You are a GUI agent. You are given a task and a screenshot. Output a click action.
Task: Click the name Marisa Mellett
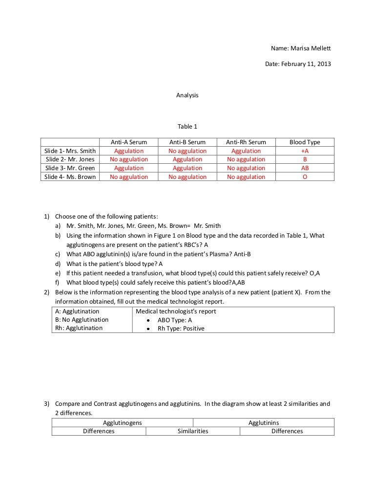pyautogui.click(x=311, y=48)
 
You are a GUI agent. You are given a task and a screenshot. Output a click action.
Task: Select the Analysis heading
pyautogui.click(x=187, y=95)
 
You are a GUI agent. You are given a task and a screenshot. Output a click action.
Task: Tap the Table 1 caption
pyautogui.click(x=187, y=127)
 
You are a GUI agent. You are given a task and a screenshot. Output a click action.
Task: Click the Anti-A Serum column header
pyautogui.click(x=129, y=142)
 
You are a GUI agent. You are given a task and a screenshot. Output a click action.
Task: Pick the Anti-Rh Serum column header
pyautogui.click(x=246, y=142)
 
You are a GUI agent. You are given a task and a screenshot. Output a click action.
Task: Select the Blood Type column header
pyautogui.click(x=305, y=142)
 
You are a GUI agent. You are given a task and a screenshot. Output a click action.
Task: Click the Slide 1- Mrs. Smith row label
pyautogui.click(x=70, y=151)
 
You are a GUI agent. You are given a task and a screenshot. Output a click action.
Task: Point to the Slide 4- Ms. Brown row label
pyautogui.click(x=70, y=177)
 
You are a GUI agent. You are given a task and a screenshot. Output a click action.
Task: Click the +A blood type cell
pyautogui.click(x=305, y=151)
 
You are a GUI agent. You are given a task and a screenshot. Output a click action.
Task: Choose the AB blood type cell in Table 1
pyautogui.click(x=305, y=168)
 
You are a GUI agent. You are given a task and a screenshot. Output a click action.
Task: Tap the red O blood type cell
pyautogui.click(x=305, y=177)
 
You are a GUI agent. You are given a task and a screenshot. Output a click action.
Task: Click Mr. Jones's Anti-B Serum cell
pyautogui.click(x=187, y=159)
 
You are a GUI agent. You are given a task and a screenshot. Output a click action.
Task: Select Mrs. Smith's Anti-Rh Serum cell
pyautogui.click(x=246, y=151)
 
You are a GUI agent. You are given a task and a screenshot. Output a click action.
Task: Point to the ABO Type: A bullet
pyautogui.click(x=175, y=320)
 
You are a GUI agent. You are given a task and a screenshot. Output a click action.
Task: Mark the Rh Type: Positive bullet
pyautogui.click(x=181, y=329)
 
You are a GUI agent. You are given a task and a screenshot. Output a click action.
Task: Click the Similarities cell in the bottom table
pyautogui.click(x=192, y=431)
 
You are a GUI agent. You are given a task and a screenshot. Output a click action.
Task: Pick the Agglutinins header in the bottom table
pyautogui.click(x=264, y=422)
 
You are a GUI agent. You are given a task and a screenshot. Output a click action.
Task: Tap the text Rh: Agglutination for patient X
pyautogui.click(x=79, y=328)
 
